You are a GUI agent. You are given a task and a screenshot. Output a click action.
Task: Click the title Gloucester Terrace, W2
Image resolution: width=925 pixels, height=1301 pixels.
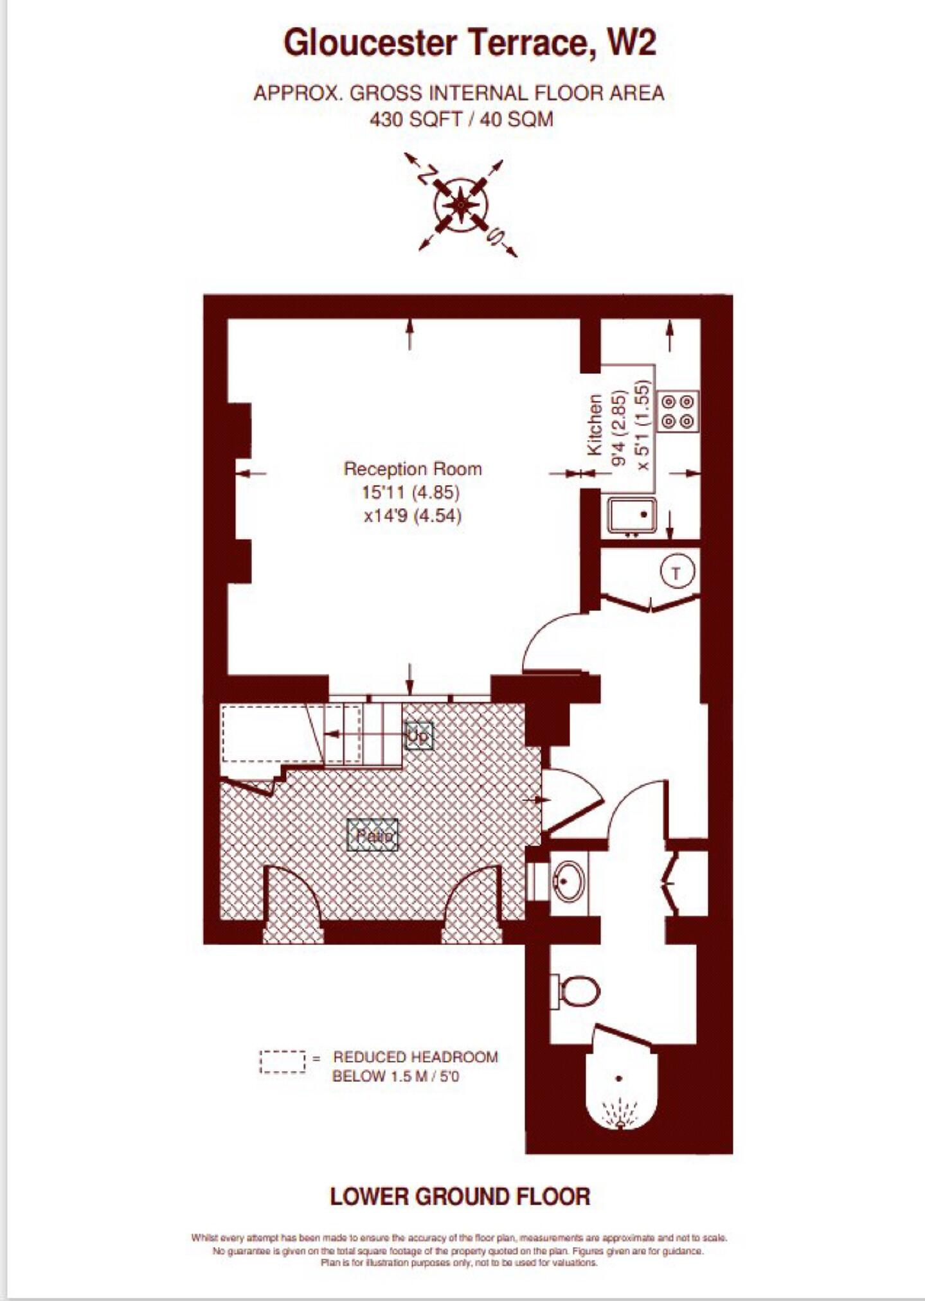pos(470,44)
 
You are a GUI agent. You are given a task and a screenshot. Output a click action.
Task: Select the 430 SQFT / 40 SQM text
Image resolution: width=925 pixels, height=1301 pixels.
pos(461,119)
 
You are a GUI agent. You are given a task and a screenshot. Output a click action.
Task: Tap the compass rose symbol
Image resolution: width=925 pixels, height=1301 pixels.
pos(461,206)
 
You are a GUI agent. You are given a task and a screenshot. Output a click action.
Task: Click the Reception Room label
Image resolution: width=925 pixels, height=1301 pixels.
pos(413,469)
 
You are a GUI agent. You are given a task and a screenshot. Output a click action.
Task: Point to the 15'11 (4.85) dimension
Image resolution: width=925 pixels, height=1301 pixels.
pos(411,493)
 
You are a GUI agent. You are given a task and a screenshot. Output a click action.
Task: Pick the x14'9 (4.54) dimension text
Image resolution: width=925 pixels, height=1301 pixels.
pos(413,516)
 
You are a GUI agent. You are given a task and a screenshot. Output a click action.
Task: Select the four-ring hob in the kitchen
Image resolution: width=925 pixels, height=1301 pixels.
pos(678,411)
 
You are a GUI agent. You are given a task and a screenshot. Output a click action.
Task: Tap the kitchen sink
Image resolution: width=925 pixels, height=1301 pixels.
pos(632,515)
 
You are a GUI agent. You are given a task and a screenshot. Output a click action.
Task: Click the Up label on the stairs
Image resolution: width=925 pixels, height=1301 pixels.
pos(418,736)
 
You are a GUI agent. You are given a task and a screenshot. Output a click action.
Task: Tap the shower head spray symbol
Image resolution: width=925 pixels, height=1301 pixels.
pos(620,1112)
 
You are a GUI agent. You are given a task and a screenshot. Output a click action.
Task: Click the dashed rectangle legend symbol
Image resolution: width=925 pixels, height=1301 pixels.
pos(283,1061)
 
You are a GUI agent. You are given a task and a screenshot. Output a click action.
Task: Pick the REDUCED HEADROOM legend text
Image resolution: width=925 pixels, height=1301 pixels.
pos(415,1057)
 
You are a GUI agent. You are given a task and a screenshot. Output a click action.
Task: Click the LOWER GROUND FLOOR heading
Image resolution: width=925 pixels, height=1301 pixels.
pos(460,1196)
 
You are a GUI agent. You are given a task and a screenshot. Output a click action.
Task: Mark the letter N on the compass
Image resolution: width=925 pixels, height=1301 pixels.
pos(426,175)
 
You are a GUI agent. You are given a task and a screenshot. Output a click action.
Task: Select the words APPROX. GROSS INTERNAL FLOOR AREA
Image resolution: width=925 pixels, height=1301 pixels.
pos(459,94)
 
